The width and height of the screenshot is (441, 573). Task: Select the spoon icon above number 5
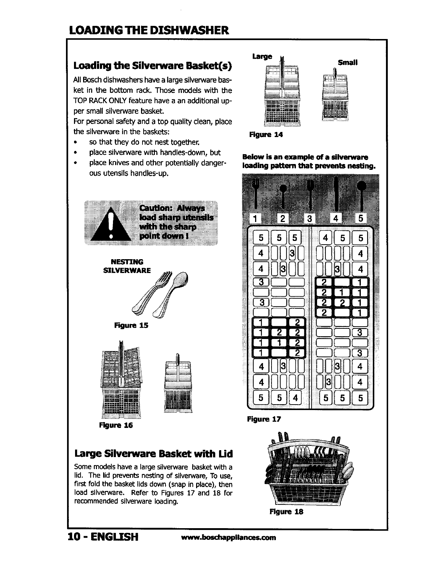tap(361, 193)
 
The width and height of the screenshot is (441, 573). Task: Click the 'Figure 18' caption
tap(286, 511)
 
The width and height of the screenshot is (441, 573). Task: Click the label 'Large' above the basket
tap(262, 56)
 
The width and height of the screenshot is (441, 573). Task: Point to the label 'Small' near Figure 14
tap(348, 62)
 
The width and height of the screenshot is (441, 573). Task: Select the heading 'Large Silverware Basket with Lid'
tap(153, 454)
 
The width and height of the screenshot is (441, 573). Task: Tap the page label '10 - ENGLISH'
tap(103, 537)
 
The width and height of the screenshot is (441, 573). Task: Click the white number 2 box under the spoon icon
tap(283, 219)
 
